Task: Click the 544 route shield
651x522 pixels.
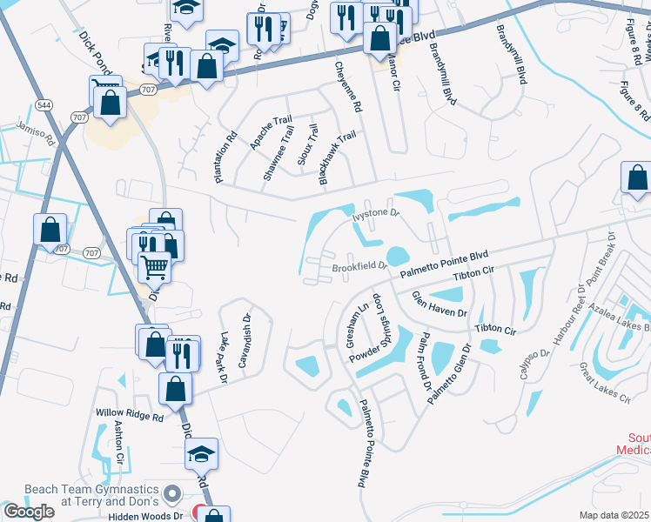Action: pos(44,104)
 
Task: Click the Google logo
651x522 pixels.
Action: pos(29,512)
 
